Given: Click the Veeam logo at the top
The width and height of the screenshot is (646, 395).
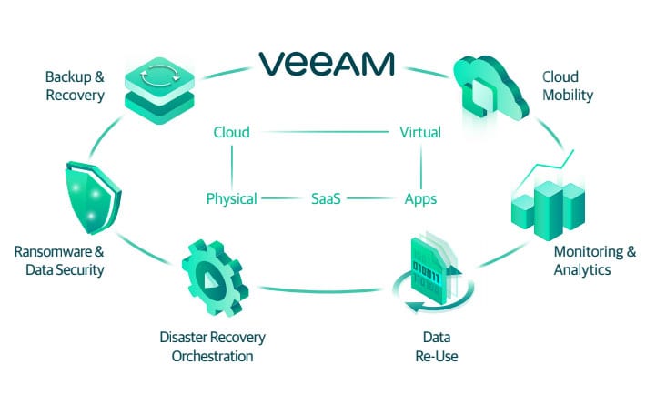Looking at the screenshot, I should [x=325, y=63].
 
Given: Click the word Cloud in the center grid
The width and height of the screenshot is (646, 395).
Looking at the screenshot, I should [x=231, y=132].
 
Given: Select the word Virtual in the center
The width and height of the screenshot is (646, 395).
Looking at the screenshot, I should [x=420, y=132].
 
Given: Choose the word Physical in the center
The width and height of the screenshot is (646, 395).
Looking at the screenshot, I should [x=231, y=198].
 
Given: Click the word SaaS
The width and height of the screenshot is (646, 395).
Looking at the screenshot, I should [x=325, y=198].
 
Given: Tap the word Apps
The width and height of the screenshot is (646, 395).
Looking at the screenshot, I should [x=420, y=198].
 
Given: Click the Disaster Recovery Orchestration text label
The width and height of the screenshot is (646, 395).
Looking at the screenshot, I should [x=212, y=347].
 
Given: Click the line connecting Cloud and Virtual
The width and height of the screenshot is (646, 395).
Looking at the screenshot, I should [x=325, y=132].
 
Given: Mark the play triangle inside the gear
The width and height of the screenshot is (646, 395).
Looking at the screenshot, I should [x=210, y=279].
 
